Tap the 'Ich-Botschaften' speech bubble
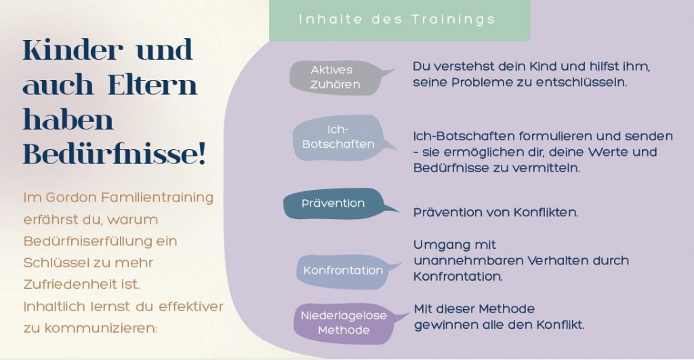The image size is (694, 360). pos(340,137)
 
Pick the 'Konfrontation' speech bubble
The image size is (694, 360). pos(343,271)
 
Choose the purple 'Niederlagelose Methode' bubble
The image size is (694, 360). pos(344,323)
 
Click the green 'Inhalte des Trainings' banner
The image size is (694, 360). pos(399,20)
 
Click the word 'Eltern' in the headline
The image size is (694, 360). pos(152,85)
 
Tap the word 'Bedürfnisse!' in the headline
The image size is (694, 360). pos(115,155)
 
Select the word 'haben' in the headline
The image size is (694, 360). pos(68,119)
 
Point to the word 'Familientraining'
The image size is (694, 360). pos(157,197)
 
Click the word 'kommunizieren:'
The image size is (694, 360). pos(101,329)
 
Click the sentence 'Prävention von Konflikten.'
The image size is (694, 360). pos(495,213)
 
